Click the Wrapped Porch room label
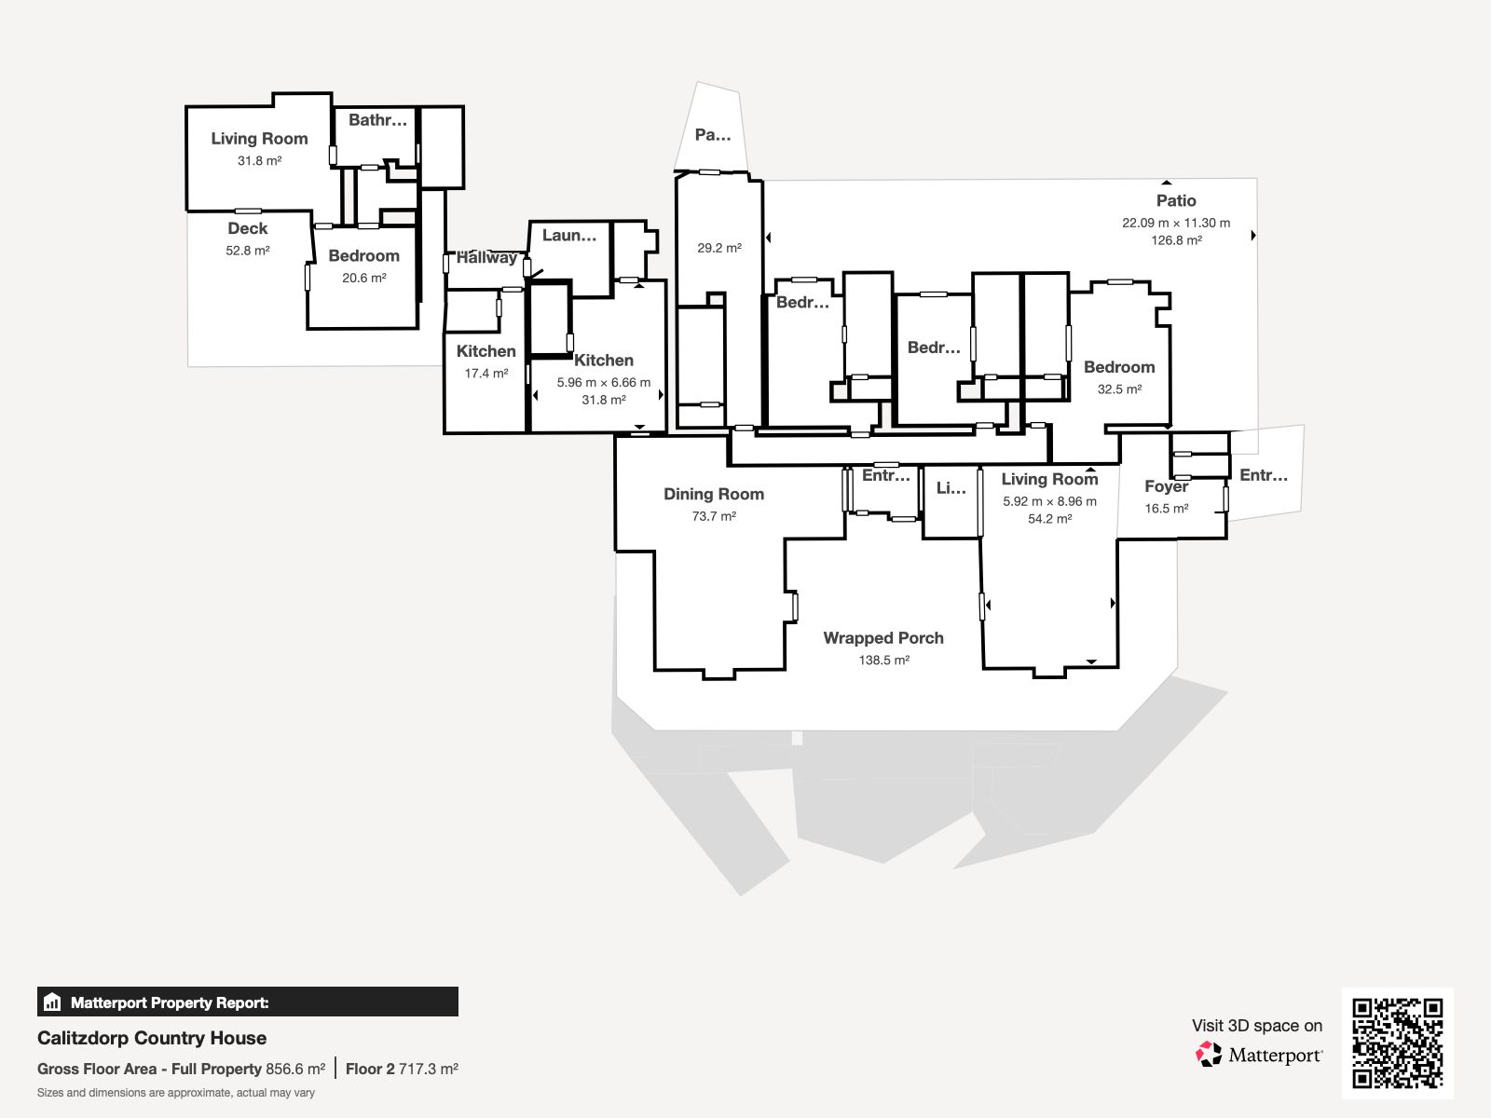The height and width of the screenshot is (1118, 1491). [x=883, y=638]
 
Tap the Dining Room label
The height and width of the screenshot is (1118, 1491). [x=713, y=494]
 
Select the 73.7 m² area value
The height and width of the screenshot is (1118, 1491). [x=714, y=516]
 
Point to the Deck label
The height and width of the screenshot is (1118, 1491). [x=247, y=228]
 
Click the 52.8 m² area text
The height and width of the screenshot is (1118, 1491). [x=247, y=251]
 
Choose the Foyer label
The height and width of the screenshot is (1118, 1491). [x=1167, y=486]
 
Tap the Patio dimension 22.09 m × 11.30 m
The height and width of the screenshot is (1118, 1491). [x=1176, y=223]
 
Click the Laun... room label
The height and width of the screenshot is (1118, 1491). [x=569, y=236]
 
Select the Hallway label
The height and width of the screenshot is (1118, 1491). [x=486, y=257]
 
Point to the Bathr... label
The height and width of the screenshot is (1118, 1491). [x=377, y=120]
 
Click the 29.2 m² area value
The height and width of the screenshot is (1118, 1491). [x=719, y=248]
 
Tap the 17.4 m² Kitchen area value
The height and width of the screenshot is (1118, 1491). [x=486, y=374]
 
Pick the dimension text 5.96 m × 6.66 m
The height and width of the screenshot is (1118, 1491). [x=603, y=382]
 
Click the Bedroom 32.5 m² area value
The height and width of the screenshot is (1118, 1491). [x=1119, y=389]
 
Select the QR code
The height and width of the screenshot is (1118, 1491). [x=1397, y=1043]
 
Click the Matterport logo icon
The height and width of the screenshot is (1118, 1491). [x=1209, y=1055]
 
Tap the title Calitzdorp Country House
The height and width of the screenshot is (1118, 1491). [x=152, y=1038]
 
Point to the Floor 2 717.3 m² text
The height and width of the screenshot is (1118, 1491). [x=402, y=1070]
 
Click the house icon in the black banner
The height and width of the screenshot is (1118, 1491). [x=52, y=1002]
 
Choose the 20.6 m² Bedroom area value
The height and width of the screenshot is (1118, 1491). [x=364, y=278]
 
